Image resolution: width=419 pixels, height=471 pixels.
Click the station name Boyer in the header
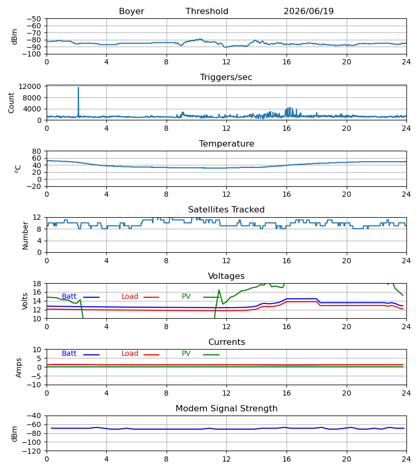pyautogui.click(x=131, y=12)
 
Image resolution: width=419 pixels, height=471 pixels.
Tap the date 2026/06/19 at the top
pyautogui.click(x=308, y=12)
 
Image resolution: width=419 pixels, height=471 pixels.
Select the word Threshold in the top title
pyautogui.click(x=207, y=12)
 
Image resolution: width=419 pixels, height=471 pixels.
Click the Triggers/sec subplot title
pyautogui.click(x=226, y=77)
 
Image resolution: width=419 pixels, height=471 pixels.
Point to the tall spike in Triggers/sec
pyautogui.click(x=79, y=88)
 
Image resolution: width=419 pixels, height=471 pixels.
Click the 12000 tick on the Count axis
pyautogui.click(x=30, y=86)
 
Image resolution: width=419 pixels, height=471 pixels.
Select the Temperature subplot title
pyautogui.click(x=226, y=143)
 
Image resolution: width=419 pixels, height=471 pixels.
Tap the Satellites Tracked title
pyautogui.click(x=226, y=210)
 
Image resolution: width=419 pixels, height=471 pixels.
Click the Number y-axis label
pyautogui.click(x=25, y=235)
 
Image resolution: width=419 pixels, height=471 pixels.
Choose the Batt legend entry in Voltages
pyautogui.click(x=69, y=297)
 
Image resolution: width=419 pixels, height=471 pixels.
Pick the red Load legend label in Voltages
pyautogui.click(x=130, y=297)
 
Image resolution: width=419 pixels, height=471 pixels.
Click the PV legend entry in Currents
pyautogui.click(x=186, y=354)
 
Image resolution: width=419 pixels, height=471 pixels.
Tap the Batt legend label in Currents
pyautogui.click(x=69, y=354)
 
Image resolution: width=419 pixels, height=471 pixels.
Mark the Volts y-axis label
pyautogui.click(x=25, y=301)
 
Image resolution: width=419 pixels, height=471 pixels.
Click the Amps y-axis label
pyautogui.click(x=19, y=368)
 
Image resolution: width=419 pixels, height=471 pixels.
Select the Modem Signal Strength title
pyautogui.click(x=226, y=409)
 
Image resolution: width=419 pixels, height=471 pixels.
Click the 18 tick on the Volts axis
pyautogui.click(x=37, y=284)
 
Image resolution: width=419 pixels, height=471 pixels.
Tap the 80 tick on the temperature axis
pyautogui.click(x=37, y=151)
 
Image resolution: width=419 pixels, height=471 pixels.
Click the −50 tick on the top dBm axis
pyautogui.click(x=34, y=19)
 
